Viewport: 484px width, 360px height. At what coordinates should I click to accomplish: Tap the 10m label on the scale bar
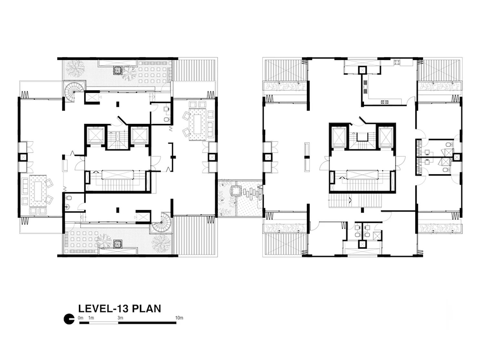[179, 318]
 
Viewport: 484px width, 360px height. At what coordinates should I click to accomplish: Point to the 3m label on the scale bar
[120, 318]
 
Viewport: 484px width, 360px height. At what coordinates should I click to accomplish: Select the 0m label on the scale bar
[81, 318]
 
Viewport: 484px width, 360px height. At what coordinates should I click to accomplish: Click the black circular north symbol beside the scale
[69, 319]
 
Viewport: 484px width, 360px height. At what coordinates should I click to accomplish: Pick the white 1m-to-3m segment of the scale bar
[104, 323]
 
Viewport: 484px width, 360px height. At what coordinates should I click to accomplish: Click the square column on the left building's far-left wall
[24, 157]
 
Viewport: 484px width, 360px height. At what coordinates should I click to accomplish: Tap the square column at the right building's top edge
[362, 70]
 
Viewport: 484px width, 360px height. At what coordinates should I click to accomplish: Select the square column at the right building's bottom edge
[362, 244]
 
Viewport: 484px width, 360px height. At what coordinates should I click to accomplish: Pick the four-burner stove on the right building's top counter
[397, 62]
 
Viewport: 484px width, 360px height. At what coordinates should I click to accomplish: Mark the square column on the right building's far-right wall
[457, 157]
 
